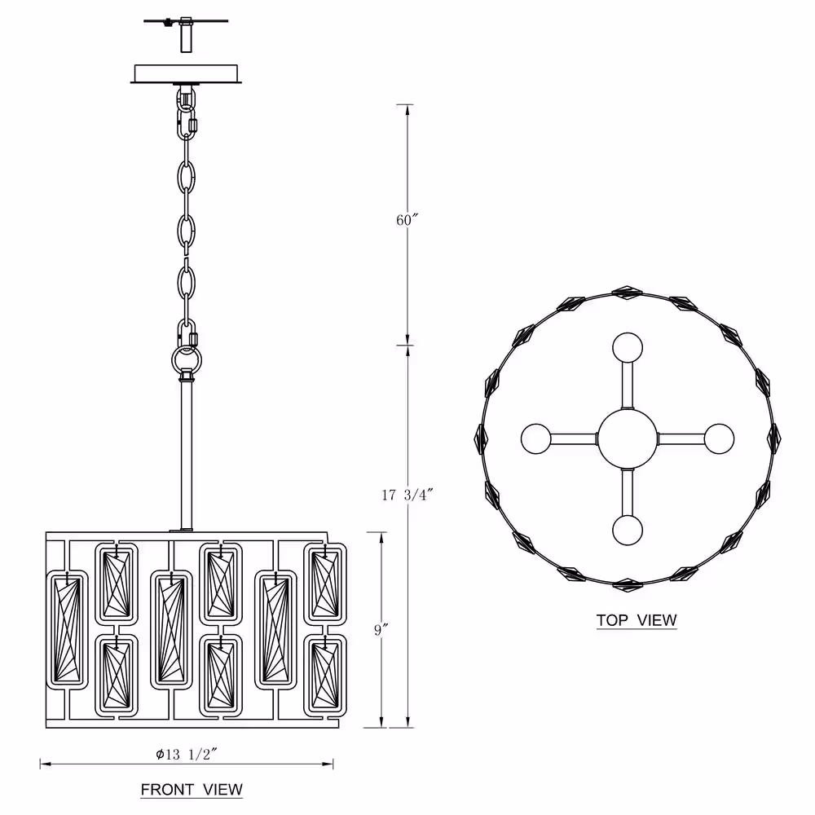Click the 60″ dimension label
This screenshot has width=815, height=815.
[407, 220]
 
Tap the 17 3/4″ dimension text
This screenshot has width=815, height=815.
[407, 495]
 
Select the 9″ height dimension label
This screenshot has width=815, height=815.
[381, 629]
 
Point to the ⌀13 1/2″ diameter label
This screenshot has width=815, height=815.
[186, 754]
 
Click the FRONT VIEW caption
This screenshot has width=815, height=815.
[192, 790]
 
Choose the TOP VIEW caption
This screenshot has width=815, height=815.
[637, 620]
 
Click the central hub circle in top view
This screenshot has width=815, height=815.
[628, 438]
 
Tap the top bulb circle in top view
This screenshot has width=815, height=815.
[628, 348]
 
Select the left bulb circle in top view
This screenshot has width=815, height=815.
[536, 438]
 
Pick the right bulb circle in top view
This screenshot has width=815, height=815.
[720, 438]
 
